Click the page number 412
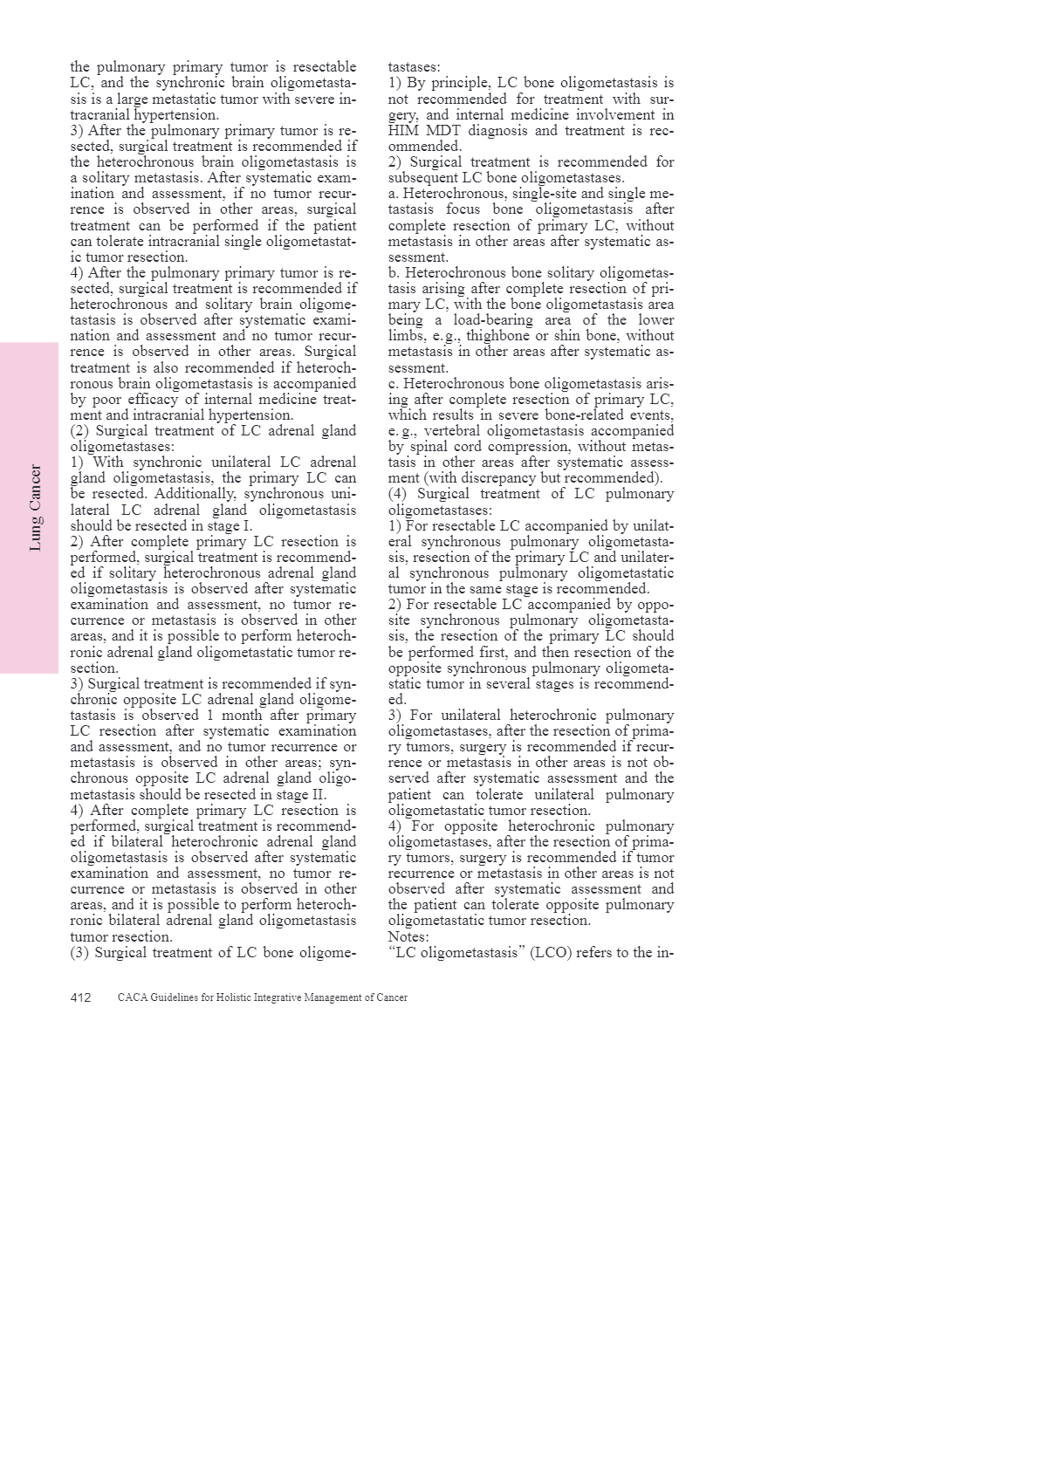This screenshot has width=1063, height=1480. (80, 997)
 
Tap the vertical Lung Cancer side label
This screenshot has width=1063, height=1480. (36, 508)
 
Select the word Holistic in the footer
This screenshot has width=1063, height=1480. (230, 997)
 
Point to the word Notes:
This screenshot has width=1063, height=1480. (408, 937)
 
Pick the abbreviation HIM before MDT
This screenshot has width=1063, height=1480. (404, 131)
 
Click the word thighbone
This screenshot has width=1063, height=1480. (498, 336)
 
